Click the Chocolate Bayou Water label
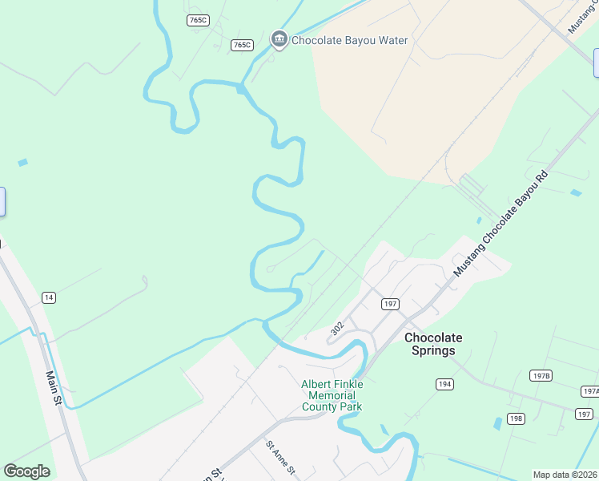[x=350, y=40]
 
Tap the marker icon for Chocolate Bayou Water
[x=279, y=39]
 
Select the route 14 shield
[x=49, y=298]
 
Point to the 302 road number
[x=336, y=329]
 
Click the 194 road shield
[x=444, y=385]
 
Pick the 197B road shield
[x=541, y=375]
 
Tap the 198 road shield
[x=516, y=418]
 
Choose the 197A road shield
[x=590, y=391]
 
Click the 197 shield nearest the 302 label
[x=390, y=304]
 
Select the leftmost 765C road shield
[x=198, y=20]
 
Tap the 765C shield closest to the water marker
[x=242, y=45]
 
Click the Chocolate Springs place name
[x=433, y=344]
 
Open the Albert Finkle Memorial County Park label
[x=332, y=395]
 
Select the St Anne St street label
[x=281, y=457]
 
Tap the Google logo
[x=26, y=471]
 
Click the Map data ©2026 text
[x=565, y=475]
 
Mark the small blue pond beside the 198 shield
[x=498, y=423]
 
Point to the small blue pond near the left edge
[x=22, y=163]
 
